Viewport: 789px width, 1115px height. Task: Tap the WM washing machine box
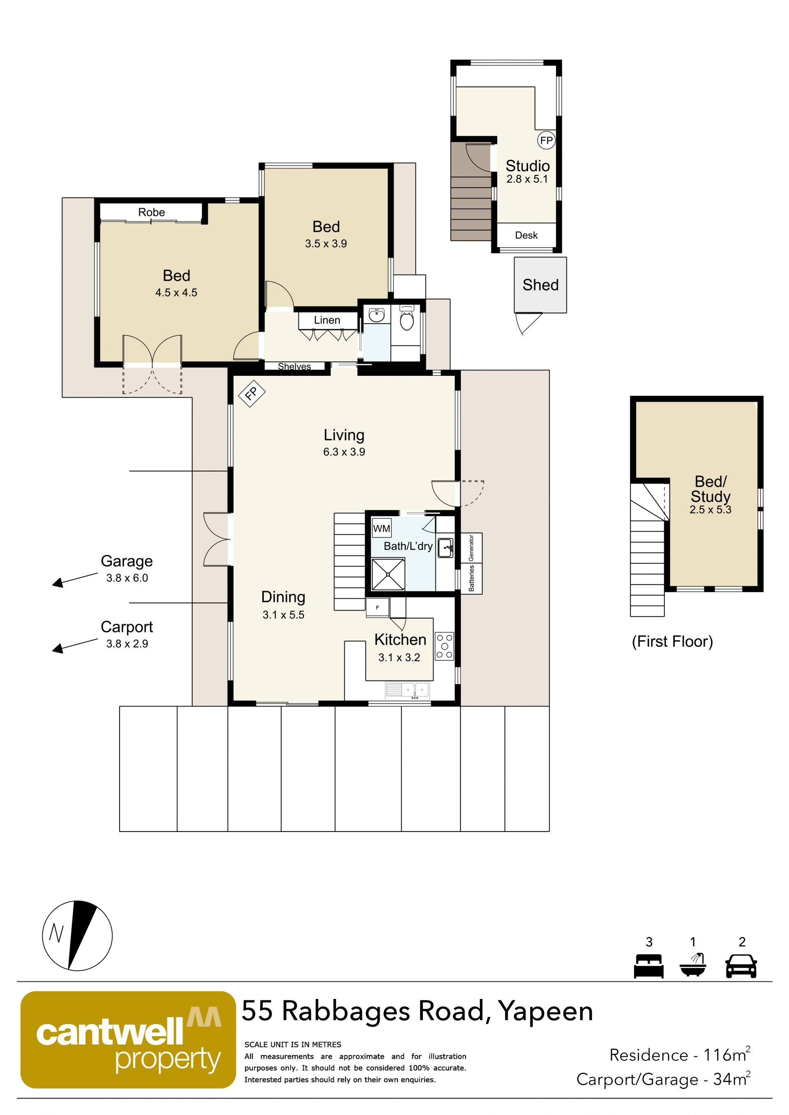[x=381, y=529]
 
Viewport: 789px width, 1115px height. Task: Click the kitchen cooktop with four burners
[x=445, y=646]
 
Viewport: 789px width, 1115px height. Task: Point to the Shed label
[x=540, y=285]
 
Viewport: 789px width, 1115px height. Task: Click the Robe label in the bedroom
[x=152, y=212]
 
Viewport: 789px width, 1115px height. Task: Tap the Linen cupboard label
[x=327, y=320]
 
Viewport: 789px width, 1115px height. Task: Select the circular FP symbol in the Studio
[x=546, y=140]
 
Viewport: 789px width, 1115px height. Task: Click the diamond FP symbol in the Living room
[x=251, y=393]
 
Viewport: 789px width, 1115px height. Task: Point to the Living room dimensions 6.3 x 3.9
[x=344, y=452]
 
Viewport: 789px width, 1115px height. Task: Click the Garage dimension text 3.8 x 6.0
[x=127, y=578]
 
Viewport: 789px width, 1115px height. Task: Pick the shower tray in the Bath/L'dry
[x=388, y=575]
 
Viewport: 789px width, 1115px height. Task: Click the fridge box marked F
[x=378, y=607]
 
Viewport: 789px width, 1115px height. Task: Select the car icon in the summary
[x=741, y=966]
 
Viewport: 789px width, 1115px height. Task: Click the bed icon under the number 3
[x=648, y=966]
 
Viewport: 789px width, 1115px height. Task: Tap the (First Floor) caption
[x=672, y=641]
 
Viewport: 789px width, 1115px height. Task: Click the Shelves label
[x=294, y=367]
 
